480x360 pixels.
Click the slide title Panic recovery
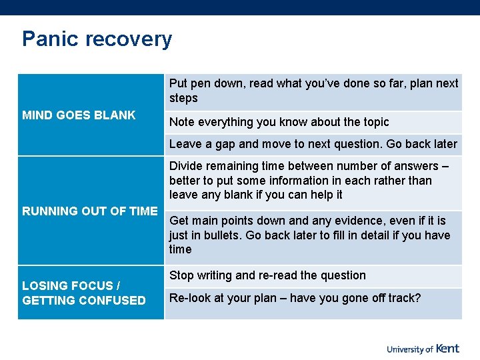click(x=97, y=39)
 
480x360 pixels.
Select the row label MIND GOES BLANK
click(x=79, y=115)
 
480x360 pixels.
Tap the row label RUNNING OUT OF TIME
click(x=90, y=211)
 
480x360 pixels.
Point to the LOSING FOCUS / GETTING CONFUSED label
click(x=84, y=293)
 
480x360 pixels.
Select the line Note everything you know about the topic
click(x=279, y=122)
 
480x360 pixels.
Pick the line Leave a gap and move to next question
click(x=313, y=144)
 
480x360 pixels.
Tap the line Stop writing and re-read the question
click(x=267, y=275)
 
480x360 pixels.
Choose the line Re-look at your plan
click(x=295, y=298)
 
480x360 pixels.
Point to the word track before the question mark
click(x=401, y=298)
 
